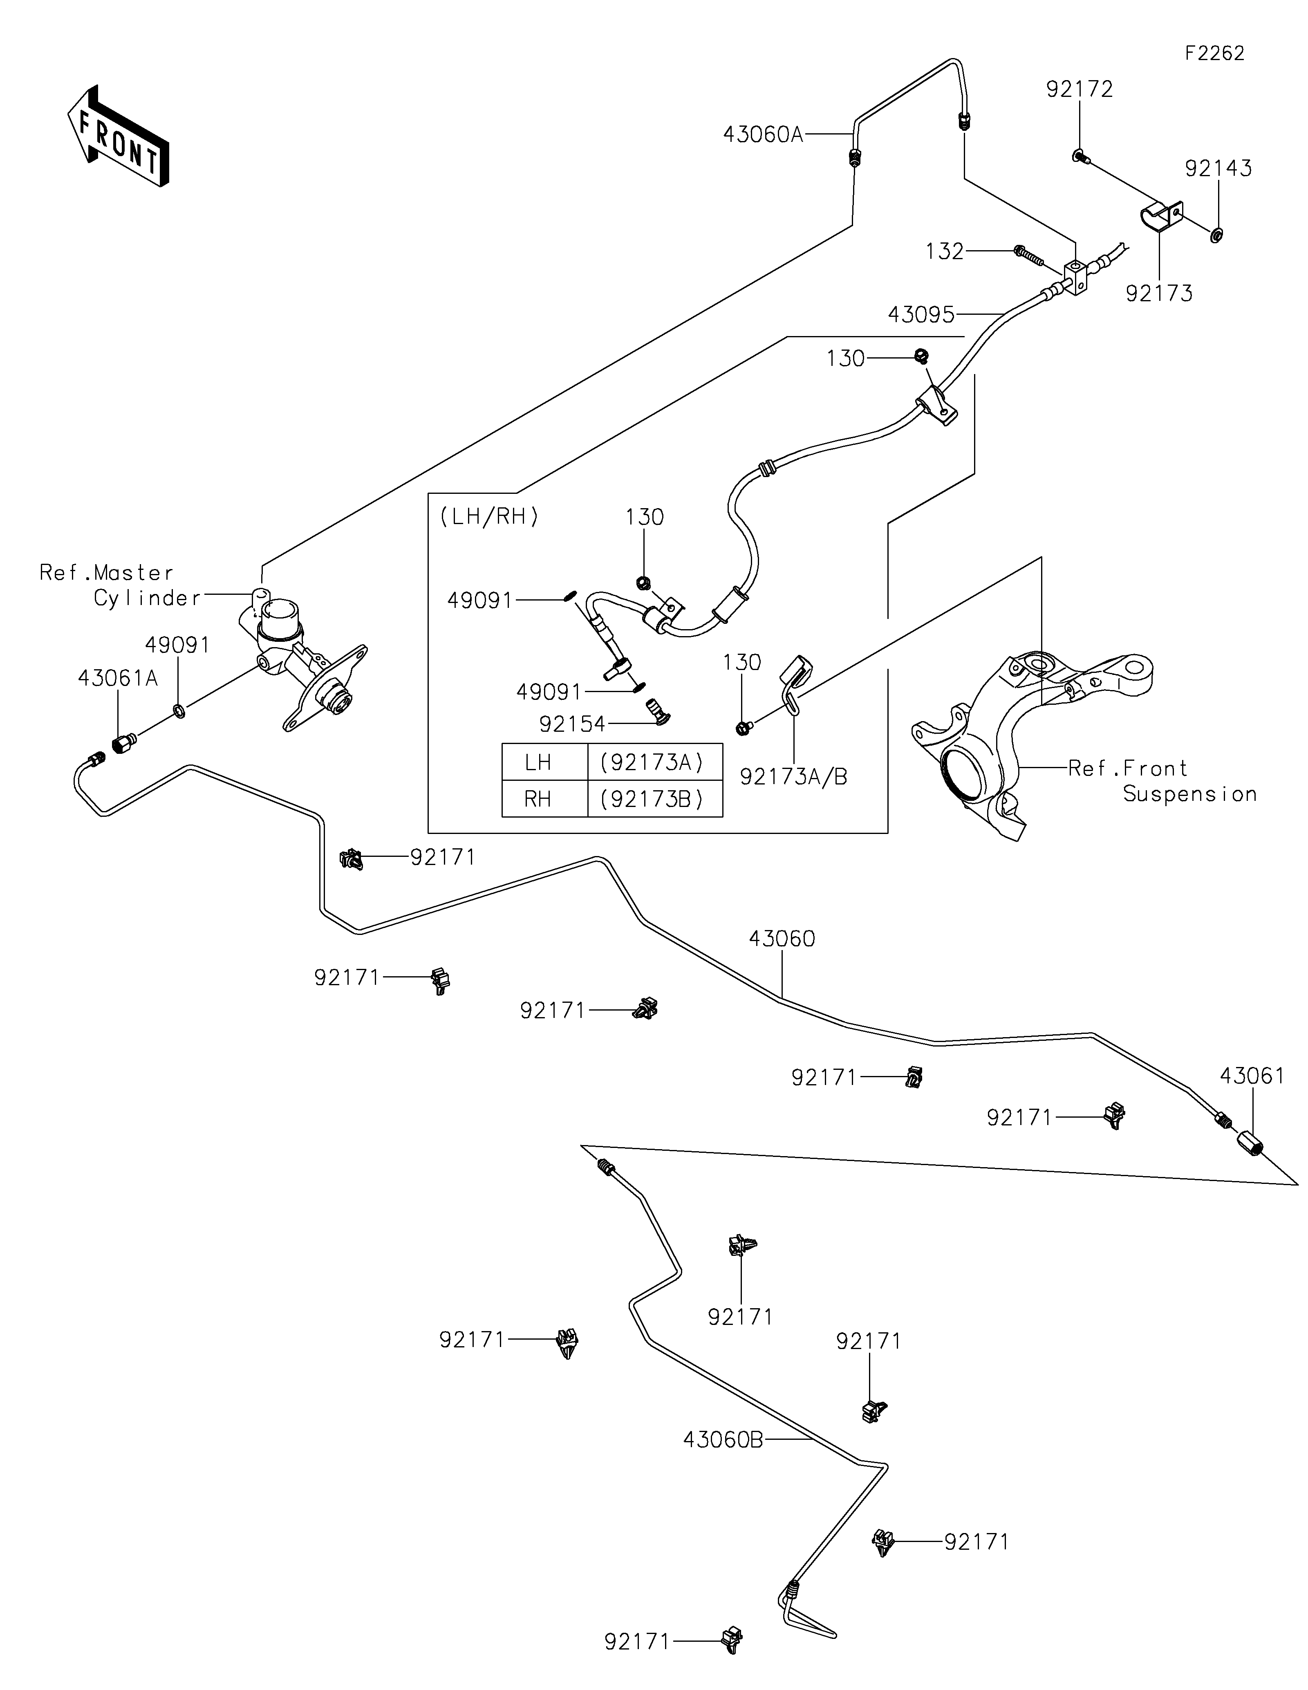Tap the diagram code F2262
[x=1214, y=54]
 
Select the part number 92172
[x=1079, y=90]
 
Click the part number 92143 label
[x=1218, y=169]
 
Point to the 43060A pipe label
[x=763, y=134]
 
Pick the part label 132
[x=945, y=251]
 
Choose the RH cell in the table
[x=538, y=798]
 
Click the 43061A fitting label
[x=118, y=679]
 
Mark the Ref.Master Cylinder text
[x=120, y=585]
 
